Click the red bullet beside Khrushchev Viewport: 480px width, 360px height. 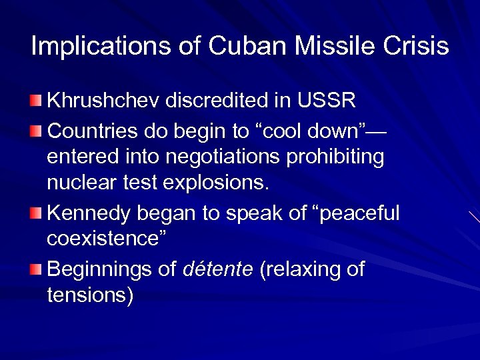pyautogui.click(x=35, y=101)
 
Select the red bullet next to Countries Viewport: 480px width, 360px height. pyautogui.click(x=35, y=129)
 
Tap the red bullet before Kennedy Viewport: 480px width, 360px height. pyautogui.click(x=35, y=213)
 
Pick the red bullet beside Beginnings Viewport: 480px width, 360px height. pyautogui.click(x=35, y=269)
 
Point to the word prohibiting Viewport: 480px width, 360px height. pyautogui.click(x=341, y=157)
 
